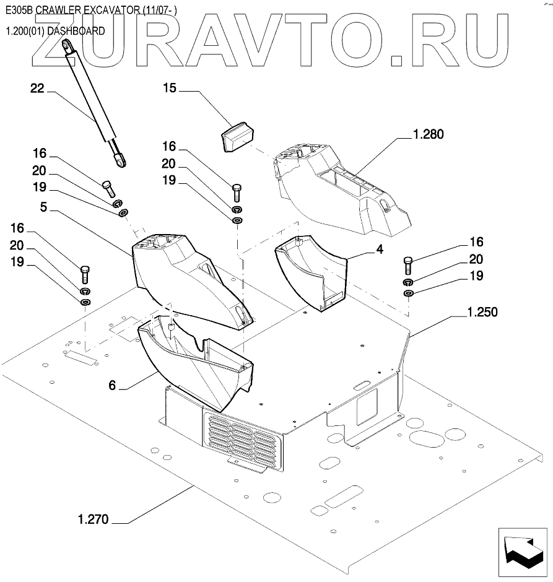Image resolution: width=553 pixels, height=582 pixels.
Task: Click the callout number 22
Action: (37, 89)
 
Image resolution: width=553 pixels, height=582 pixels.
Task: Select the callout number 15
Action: (170, 88)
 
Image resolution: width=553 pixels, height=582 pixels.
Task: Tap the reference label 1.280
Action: (429, 134)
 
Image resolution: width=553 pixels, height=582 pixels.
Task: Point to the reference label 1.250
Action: (482, 312)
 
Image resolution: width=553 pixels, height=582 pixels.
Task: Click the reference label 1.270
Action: (93, 519)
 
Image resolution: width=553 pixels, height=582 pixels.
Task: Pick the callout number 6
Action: (112, 386)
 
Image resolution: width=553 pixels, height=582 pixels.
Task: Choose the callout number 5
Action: (44, 207)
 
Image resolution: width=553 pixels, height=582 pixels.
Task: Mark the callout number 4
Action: (380, 250)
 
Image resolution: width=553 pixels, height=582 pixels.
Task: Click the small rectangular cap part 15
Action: (238, 136)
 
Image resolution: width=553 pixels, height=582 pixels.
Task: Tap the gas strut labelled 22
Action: (94, 103)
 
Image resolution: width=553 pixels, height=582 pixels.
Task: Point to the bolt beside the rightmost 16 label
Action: (408, 265)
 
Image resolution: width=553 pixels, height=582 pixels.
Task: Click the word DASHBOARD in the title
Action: (76, 31)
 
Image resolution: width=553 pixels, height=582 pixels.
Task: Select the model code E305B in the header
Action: (19, 10)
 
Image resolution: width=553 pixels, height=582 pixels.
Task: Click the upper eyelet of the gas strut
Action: (67, 45)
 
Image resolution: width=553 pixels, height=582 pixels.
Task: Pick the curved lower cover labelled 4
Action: (311, 272)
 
